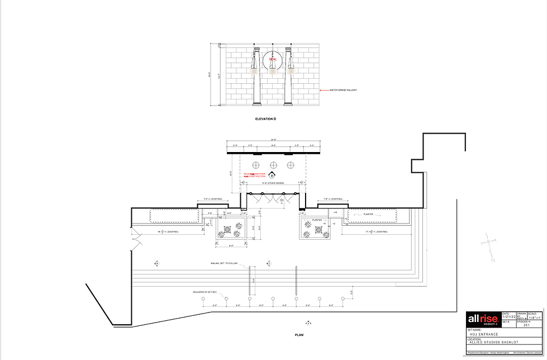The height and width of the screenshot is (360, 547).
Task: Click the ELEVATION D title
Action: point(265,120)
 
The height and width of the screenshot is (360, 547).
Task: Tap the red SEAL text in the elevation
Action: point(273,59)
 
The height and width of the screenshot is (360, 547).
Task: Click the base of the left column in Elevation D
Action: point(257,104)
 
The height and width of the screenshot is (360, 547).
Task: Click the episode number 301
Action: point(526,325)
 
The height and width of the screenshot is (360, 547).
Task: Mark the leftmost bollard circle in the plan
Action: point(203,300)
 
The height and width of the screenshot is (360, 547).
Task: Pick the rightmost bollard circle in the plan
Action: point(343,300)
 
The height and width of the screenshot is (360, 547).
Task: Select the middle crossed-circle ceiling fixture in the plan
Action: point(274,165)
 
